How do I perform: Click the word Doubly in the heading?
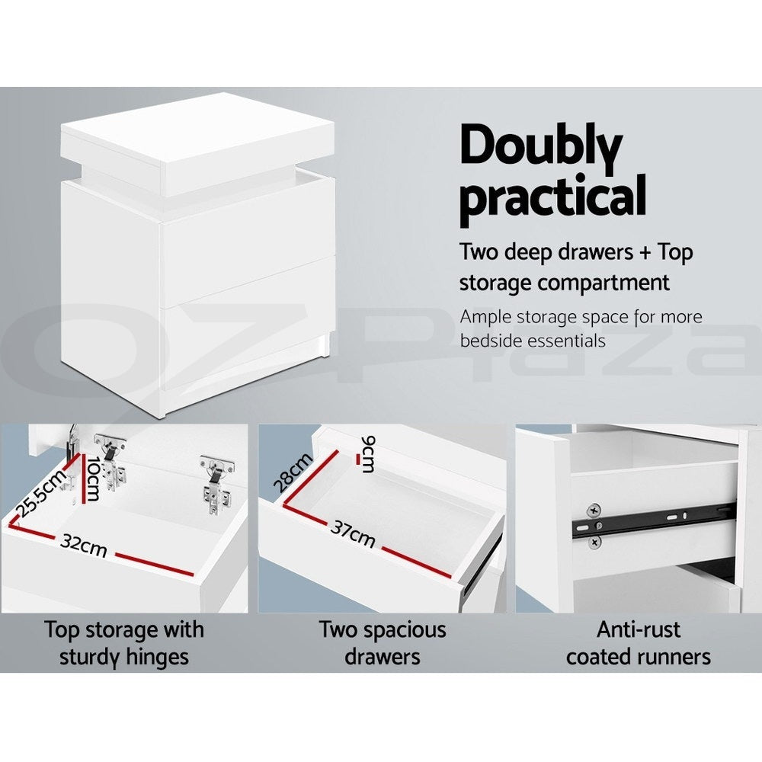click(541, 149)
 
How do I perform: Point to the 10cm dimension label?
click(92, 479)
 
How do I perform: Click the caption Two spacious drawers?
click(382, 642)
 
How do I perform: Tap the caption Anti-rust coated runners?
click(638, 642)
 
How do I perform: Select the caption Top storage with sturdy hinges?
click(124, 642)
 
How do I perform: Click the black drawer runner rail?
click(655, 521)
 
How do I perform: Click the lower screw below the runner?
click(594, 541)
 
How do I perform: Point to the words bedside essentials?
click(533, 340)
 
